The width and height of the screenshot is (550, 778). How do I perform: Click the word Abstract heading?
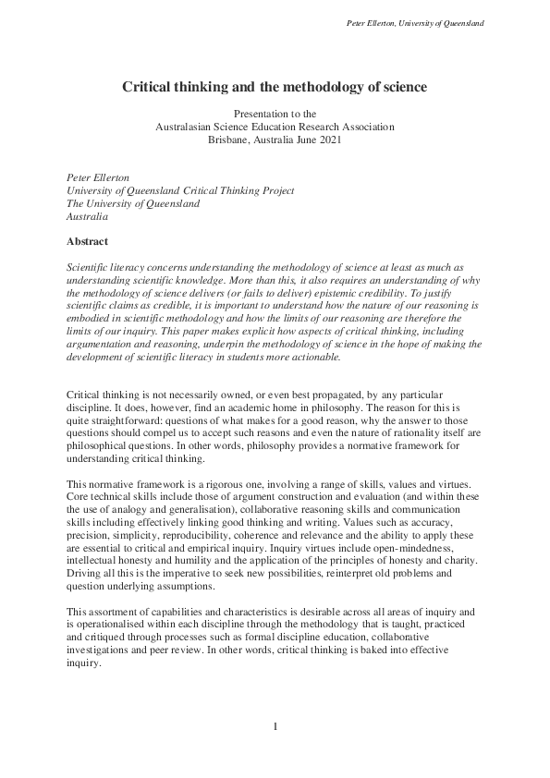pos(87,241)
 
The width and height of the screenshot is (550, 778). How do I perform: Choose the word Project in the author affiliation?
pos(275,190)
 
